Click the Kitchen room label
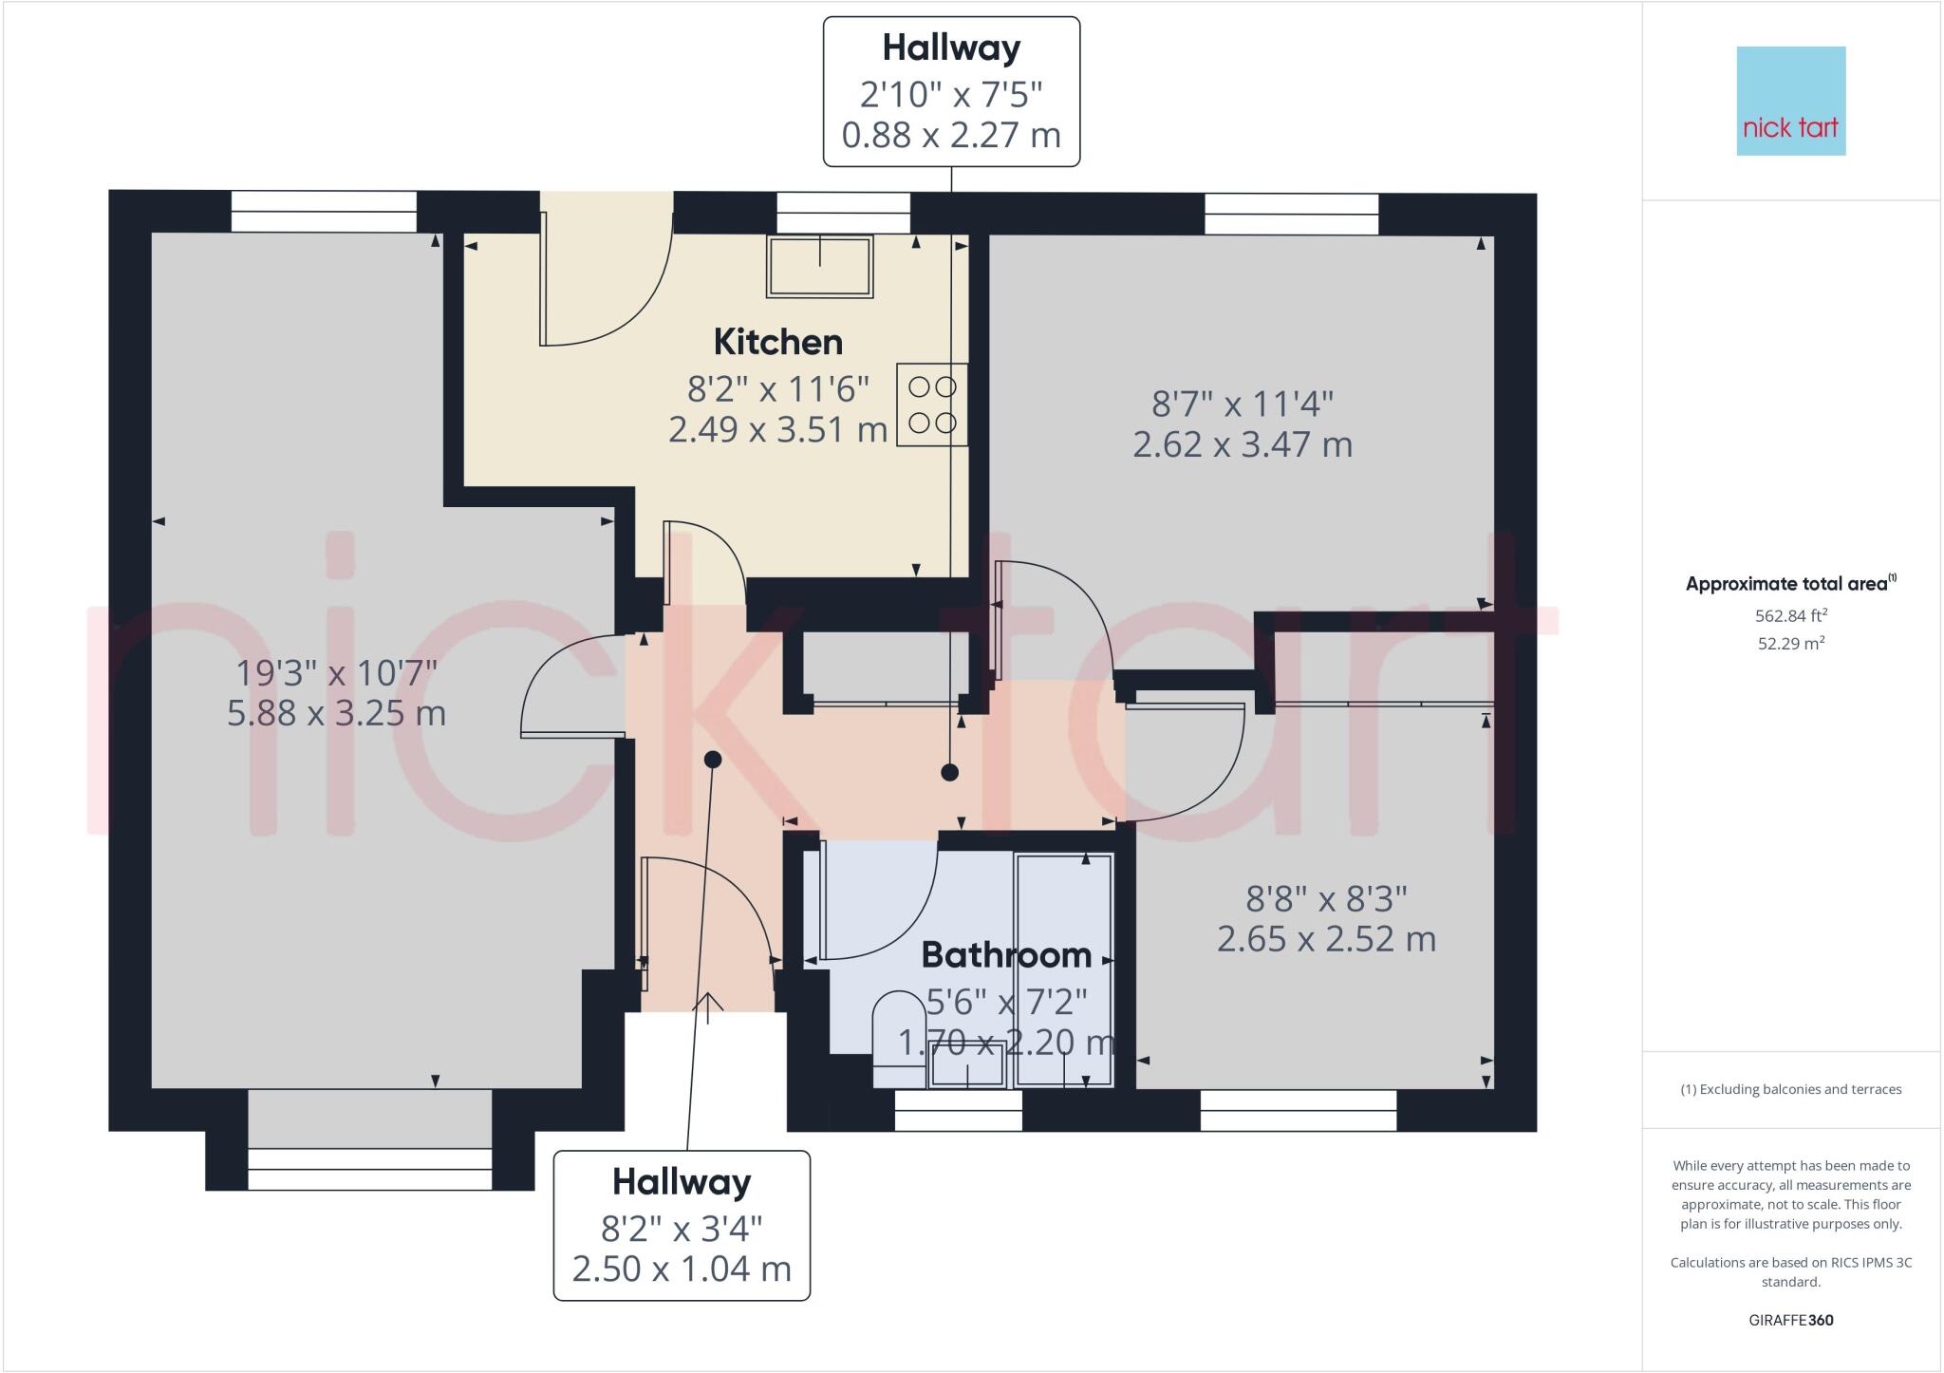click(x=777, y=342)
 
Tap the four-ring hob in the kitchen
click(x=931, y=404)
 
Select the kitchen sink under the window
click(x=820, y=267)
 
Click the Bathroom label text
click(x=1006, y=954)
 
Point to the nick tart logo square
click(x=1790, y=102)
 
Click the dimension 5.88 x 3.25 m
click(x=336, y=712)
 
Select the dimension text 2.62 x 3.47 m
click(x=1242, y=444)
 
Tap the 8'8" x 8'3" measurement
click(x=1325, y=897)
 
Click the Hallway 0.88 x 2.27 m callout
click(x=951, y=91)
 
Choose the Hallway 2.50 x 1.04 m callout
click(x=682, y=1225)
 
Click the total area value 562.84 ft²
click(x=1790, y=615)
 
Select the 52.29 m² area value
click(x=1790, y=643)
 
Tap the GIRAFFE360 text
click(x=1790, y=1320)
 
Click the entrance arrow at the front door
click(x=707, y=1006)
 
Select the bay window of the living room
click(x=370, y=1168)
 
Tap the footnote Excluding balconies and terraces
click(x=1790, y=1089)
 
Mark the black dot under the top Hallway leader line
click(x=949, y=773)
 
